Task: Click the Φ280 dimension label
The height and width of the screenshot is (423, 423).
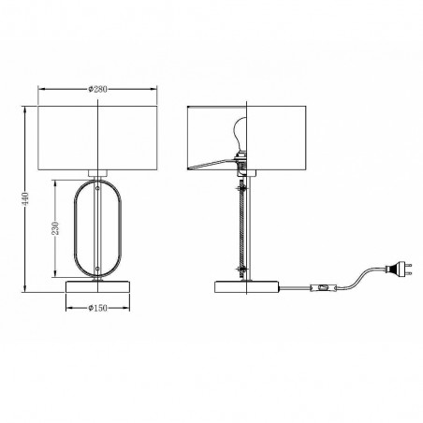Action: click(97, 89)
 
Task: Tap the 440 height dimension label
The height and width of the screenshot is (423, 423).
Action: click(25, 198)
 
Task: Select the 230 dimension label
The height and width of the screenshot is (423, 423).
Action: click(55, 228)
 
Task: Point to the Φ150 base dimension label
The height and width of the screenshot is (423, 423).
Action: click(97, 308)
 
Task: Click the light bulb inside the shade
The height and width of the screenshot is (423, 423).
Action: click(240, 133)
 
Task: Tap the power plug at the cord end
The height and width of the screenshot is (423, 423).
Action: click(399, 270)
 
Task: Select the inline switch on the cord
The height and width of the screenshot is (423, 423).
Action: click(324, 287)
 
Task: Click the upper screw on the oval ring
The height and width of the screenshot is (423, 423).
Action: click(97, 188)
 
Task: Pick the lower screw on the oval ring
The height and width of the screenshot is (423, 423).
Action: click(97, 269)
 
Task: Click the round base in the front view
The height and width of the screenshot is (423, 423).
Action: click(97, 287)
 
